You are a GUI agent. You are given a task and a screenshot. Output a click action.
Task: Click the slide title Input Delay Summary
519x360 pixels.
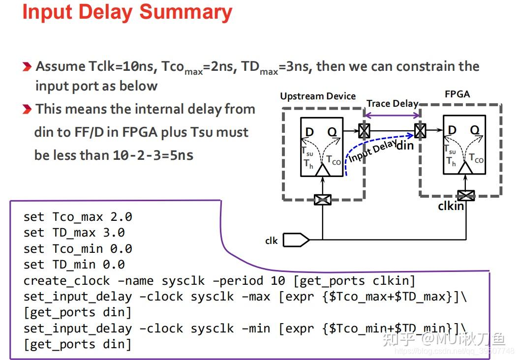tap(127, 12)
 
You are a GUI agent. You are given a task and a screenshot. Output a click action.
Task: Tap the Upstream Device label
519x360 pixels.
tap(318, 96)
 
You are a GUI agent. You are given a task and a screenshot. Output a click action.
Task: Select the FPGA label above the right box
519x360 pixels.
tap(457, 94)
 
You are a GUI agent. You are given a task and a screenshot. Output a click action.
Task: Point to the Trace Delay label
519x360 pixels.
tap(392, 103)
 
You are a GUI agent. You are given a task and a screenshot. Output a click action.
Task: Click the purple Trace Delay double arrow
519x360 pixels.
tap(392, 116)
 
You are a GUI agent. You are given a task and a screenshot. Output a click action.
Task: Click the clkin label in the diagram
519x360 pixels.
tap(451, 206)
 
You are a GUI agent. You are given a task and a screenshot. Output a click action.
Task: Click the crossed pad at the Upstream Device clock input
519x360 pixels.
tap(323, 199)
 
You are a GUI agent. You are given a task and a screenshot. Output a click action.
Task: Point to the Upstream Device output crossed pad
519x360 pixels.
tap(364, 131)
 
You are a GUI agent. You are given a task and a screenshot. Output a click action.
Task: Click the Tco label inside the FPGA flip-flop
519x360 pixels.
tap(476, 158)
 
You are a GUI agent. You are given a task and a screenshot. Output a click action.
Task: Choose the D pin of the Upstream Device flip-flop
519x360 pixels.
tap(309, 132)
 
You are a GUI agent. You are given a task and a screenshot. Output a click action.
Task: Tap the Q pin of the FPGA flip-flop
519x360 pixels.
tap(474, 130)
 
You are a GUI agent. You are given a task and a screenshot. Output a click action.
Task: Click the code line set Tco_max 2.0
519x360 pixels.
tap(78, 217)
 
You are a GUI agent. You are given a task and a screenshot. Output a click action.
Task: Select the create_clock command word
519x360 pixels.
tap(67, 281)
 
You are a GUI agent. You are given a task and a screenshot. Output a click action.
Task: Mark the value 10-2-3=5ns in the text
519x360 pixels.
tap(153, 155)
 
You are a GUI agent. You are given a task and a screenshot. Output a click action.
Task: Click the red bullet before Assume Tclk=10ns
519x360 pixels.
tap(28, 67)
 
